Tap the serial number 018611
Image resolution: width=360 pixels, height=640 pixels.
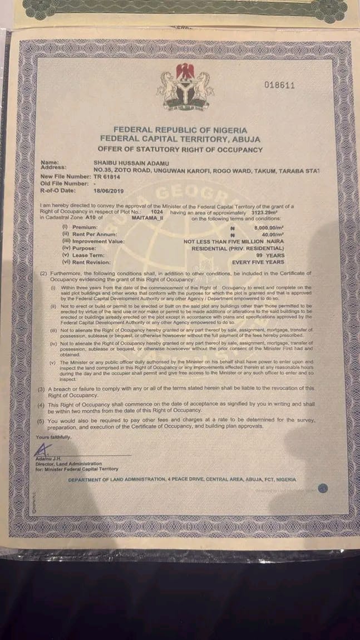click(279, 85)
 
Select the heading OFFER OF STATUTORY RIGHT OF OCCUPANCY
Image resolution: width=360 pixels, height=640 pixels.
click(180, 149)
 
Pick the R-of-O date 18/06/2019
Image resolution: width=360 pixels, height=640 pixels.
click(112, 190)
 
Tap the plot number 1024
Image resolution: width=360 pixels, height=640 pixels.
click(157, 213)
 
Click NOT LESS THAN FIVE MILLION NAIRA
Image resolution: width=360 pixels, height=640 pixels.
click(234, 241)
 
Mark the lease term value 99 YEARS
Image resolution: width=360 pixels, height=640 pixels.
click(269, 254)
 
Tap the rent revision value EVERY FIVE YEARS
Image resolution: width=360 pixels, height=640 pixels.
click(258, 262)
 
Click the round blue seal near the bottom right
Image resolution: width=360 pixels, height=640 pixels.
click(323, 488)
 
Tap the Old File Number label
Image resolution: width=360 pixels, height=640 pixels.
click(64, 183)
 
